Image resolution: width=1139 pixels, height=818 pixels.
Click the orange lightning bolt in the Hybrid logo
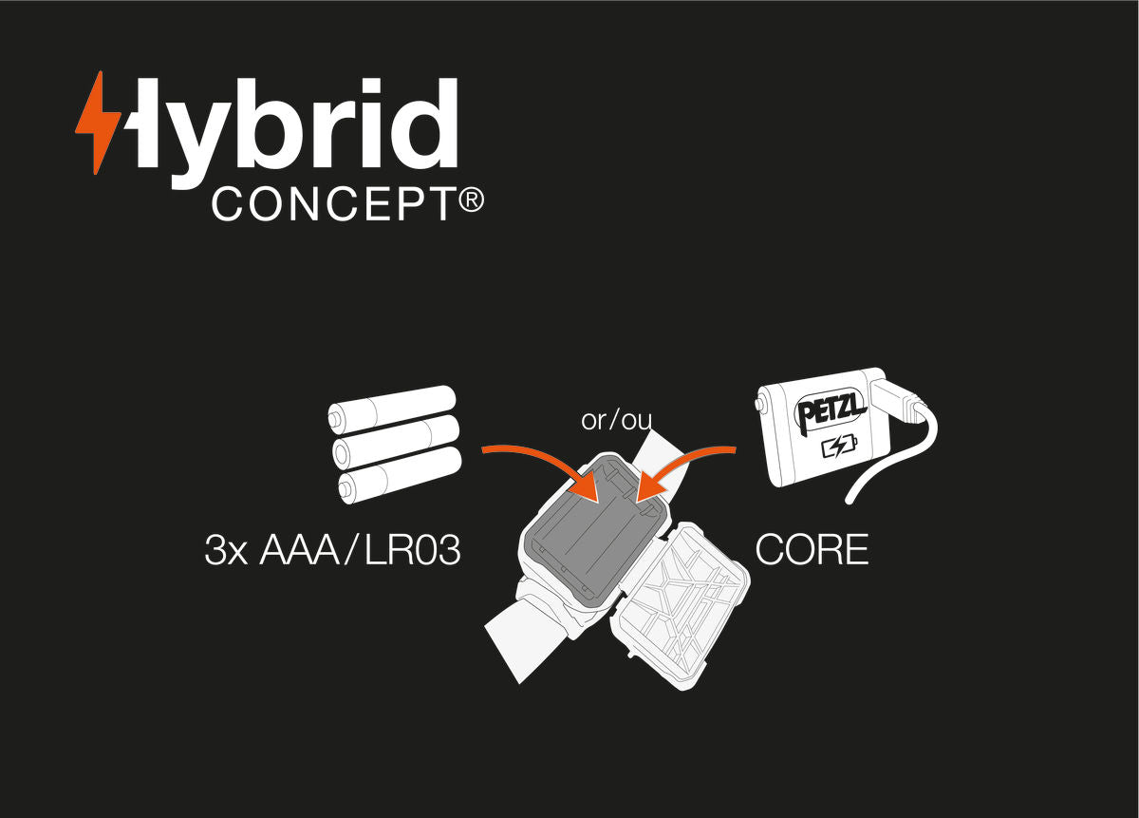[x=98, y=124]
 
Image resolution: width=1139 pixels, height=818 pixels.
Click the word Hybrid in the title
[x=294, y=128]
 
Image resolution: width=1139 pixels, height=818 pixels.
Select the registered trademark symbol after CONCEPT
[x=472, y=200]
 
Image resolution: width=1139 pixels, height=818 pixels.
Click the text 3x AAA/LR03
[x=332, y=551]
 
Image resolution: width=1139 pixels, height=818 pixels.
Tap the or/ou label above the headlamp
[x=616, y=420]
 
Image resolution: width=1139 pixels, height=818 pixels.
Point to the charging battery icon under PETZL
[x=837, y=446]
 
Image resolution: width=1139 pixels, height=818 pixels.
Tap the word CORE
[x=812, y=550]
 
